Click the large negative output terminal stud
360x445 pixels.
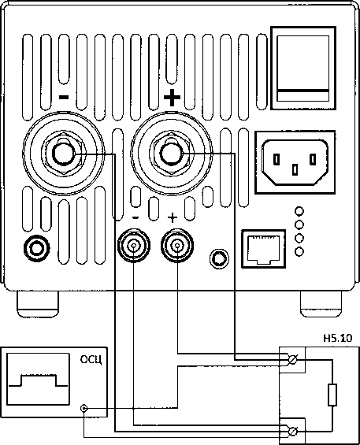click(x=64, y=154)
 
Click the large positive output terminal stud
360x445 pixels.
click(x=171, y=154)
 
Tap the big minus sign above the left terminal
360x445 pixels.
click(x=64, y=98)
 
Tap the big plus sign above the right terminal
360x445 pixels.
click(x=172, y=98)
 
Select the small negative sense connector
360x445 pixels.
click(x=133, y=245)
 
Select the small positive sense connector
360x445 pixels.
click(x=177, y=245)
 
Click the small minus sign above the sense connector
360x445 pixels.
click(x=135, y=218)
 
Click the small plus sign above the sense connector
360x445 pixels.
click(x=173, y=218)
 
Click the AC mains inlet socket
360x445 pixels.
click(x=295, y=162)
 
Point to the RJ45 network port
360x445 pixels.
click(x=263, y=249)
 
